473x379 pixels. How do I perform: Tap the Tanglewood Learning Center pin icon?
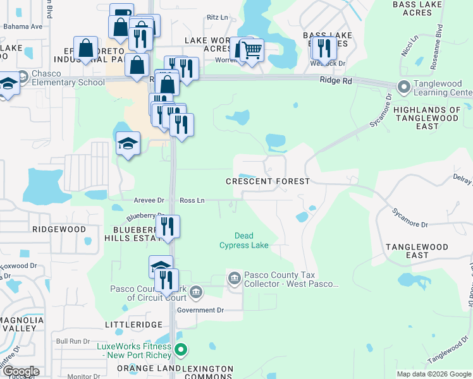[403, 87]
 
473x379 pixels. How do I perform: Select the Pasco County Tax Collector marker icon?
[234, 279]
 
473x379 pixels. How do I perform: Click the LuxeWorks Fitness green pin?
[181, 349]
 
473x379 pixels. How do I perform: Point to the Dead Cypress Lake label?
[243, 241]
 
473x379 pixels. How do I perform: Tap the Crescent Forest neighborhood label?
[268, 181]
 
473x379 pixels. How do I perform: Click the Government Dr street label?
[200, 310]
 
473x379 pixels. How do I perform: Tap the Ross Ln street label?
[192, 200]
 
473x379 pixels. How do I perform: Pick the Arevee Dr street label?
[149, 200]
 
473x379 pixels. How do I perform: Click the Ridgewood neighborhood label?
[59, 229]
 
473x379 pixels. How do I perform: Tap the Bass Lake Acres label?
[417, 8]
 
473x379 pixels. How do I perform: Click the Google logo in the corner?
[20, 371]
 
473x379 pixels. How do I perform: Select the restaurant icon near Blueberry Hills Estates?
[168, 226]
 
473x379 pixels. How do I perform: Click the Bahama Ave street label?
[23, 27]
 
